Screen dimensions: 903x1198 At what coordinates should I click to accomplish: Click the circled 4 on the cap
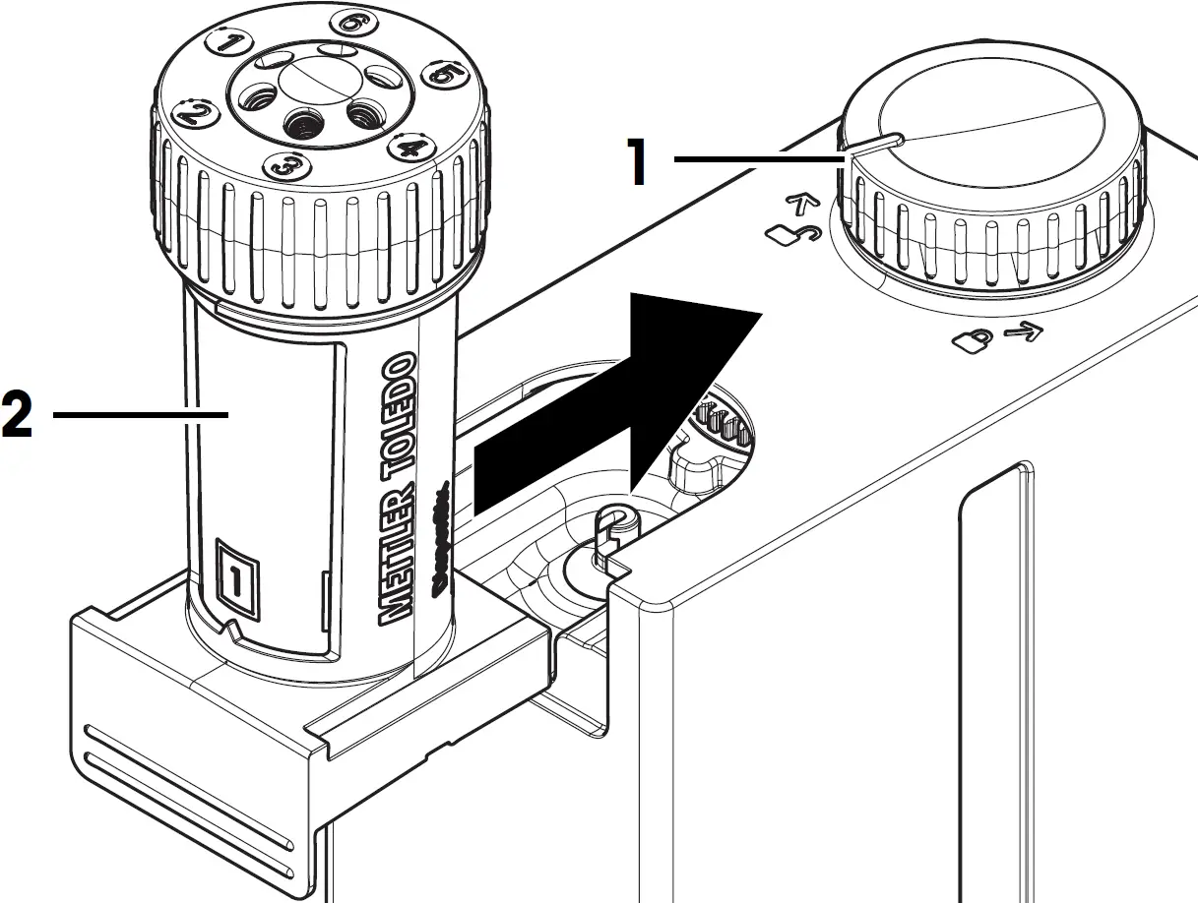410,149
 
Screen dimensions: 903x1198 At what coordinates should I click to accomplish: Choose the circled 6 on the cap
349,22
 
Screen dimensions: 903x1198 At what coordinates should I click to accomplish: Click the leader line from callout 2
138,416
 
